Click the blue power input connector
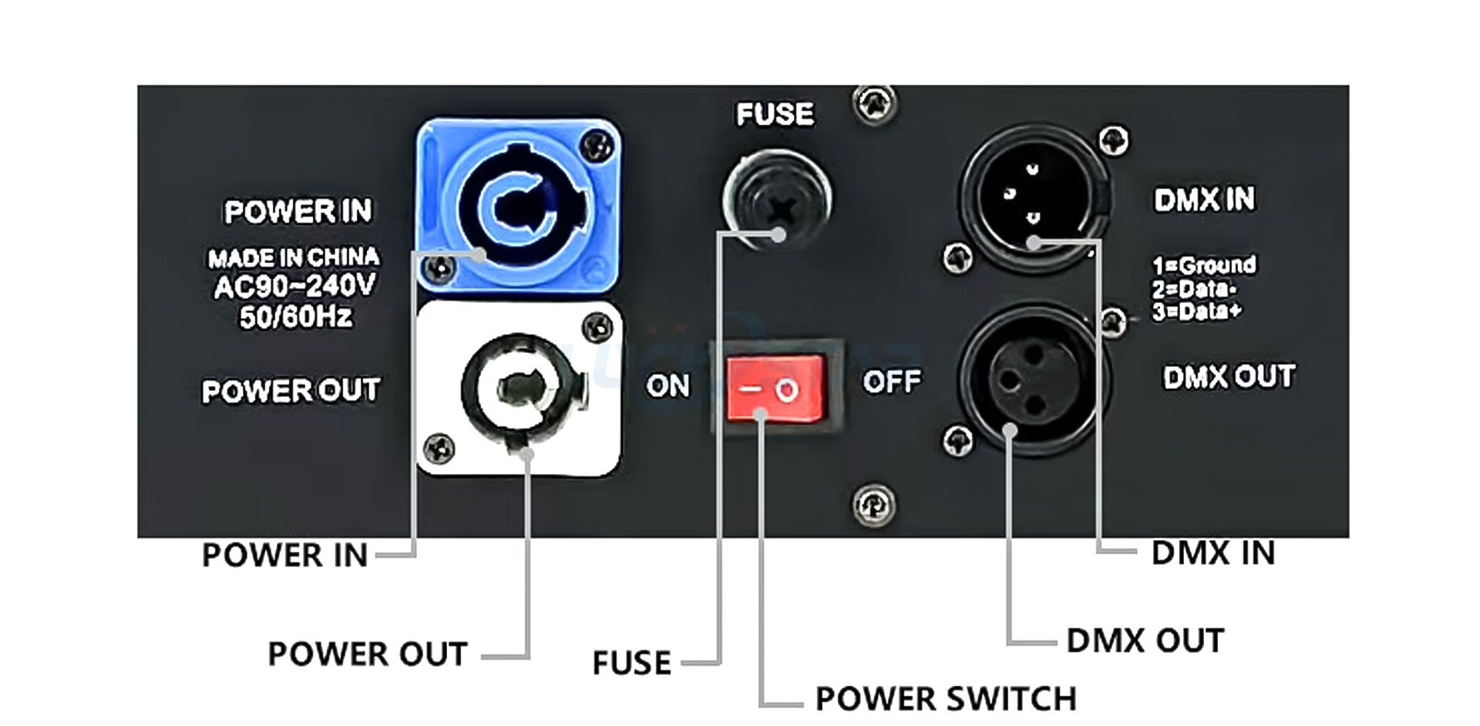518,206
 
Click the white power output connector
518,388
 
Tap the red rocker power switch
775,388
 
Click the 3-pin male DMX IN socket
1033,197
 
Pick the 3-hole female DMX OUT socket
1033,379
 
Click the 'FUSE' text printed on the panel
775,115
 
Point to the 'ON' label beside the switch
668,385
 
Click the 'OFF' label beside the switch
892,381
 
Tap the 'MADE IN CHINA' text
294,257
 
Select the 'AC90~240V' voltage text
294,287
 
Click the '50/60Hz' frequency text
296,316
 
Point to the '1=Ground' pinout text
1204,265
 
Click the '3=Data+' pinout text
1197,311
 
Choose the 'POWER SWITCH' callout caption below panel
946,699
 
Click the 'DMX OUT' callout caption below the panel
1145,641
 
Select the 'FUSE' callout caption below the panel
631,663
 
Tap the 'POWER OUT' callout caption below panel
368,654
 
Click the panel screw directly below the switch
873,505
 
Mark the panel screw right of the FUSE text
874,103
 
